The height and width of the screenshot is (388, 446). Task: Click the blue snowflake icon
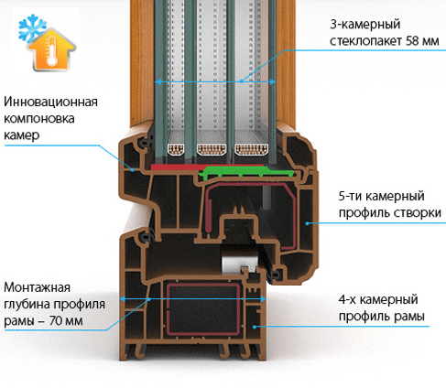coord(32,29)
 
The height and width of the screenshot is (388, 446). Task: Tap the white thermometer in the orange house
coord(52,50)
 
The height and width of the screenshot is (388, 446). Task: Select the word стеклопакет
coord(366,40)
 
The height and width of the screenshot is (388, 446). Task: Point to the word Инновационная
coord(50,102)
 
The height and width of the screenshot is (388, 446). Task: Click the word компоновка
coord(39,118)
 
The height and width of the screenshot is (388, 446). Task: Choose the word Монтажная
coord(37,287)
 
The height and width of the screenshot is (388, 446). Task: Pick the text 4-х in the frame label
coord(347,299)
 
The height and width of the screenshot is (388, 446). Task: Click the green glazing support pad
coord(246,172)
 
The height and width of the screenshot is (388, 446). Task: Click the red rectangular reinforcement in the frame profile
coord(203,309)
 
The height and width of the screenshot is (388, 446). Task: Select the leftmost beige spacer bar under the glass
coord(176,149)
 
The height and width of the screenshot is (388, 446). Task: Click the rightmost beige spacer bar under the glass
coord(251,149)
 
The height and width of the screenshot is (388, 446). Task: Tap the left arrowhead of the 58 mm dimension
coord(158,81)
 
